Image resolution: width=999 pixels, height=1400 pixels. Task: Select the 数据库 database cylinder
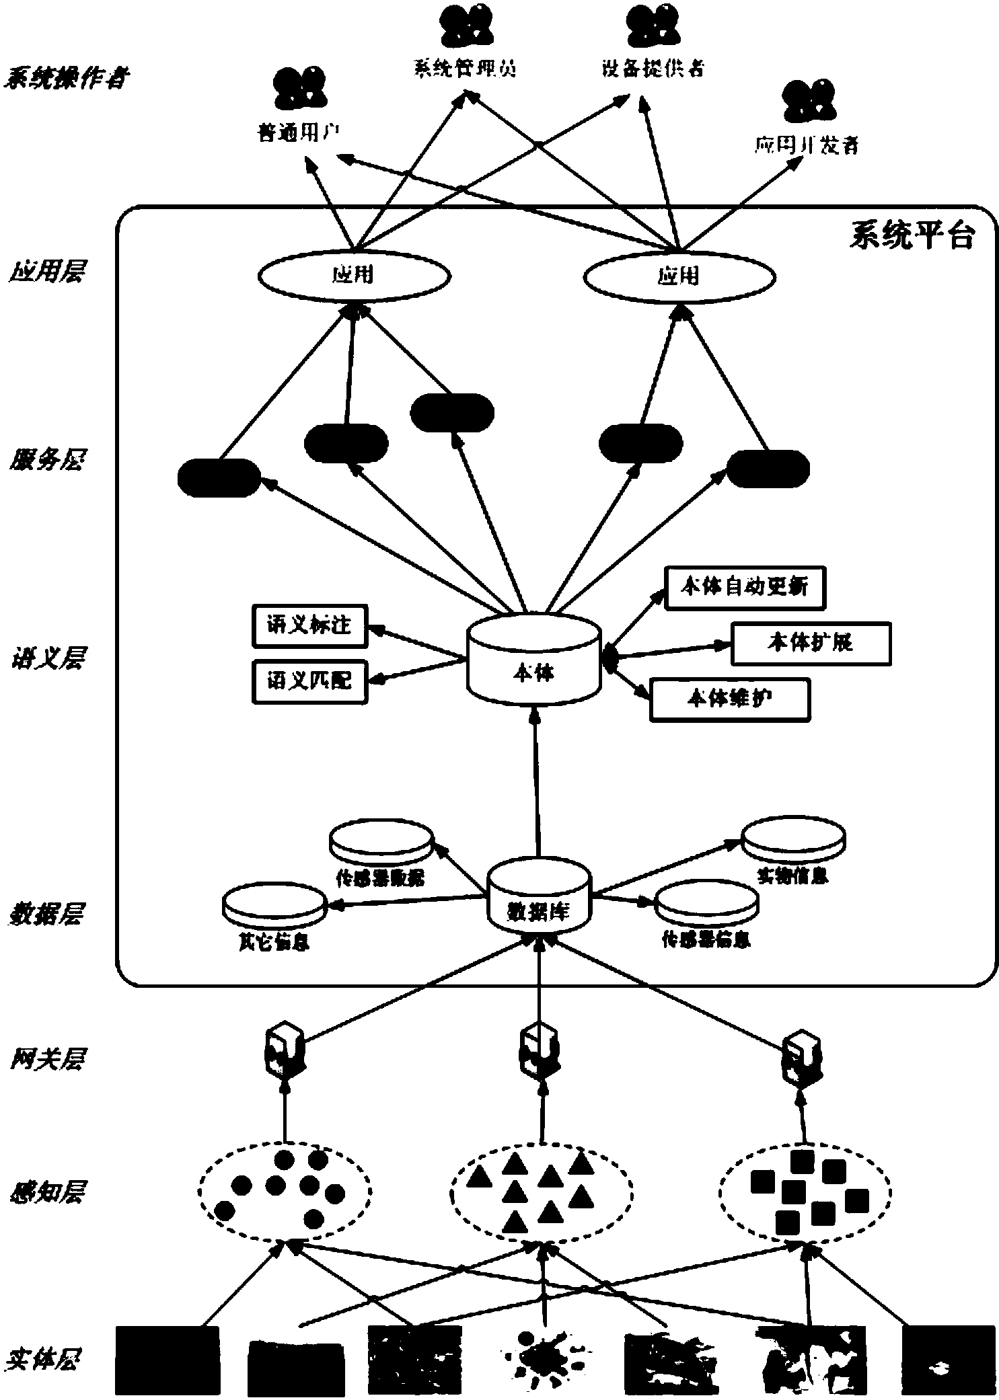538,898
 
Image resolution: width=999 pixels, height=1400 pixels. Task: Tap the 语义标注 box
309,625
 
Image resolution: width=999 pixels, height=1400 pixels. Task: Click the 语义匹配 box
309,681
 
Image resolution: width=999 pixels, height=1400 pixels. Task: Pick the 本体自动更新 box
744,588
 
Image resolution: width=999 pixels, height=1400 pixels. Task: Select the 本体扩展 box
810,644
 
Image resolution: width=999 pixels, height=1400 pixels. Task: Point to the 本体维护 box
729,699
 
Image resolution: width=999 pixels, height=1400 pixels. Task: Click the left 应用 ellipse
354,275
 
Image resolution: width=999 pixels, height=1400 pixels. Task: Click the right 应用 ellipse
679,276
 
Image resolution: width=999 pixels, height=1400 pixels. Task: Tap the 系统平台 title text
911,236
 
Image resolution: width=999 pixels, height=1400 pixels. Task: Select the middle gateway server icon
539,1050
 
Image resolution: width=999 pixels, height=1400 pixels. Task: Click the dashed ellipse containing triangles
541,1190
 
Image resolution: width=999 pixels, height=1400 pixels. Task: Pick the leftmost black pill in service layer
219,477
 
